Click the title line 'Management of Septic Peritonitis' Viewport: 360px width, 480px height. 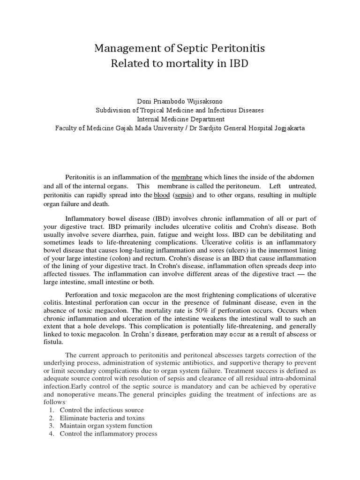180,48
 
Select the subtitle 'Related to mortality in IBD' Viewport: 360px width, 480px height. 180,63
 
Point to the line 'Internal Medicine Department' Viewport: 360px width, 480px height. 180,119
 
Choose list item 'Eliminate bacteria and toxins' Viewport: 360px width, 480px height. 102,418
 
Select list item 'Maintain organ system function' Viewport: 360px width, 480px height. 106,426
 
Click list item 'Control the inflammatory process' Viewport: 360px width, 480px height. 108,434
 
